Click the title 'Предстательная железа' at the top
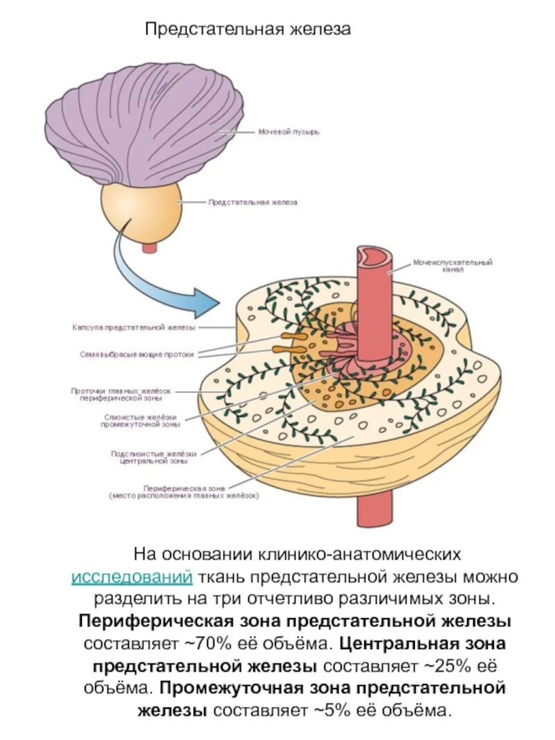[x=248, y=29]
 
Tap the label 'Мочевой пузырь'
[x=289, y=132]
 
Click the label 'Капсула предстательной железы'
[x=134, y=327]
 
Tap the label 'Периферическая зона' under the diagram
[x=183, y=492]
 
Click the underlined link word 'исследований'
[x=133, y=576]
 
